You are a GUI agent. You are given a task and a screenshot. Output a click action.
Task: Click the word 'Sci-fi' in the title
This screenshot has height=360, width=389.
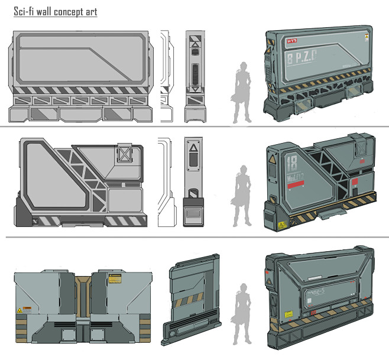[x=25, y=11]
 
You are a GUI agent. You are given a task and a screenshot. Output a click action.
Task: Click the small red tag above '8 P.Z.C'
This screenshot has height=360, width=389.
[x=292, y=42]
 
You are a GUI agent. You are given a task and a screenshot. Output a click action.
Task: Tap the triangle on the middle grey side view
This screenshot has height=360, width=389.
[x=193, y=148]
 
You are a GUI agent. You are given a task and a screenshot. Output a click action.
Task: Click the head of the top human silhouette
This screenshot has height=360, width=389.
[x=243, y=67]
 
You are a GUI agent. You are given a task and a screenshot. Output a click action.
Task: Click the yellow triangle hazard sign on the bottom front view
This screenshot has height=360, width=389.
[x=20, y=309]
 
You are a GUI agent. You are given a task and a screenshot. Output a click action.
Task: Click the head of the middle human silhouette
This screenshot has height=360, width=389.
[x=242, y=170]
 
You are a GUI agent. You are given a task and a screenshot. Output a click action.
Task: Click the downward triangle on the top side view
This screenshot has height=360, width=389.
[x=193, y=89]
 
